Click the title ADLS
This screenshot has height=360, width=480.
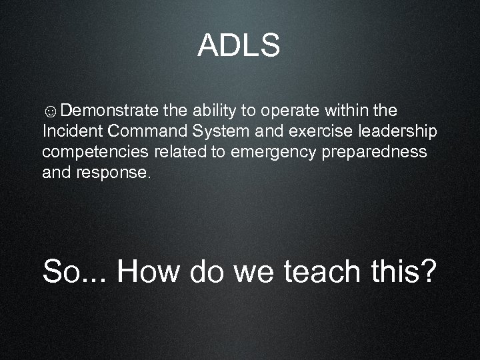(239, 46)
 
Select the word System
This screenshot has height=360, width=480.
(223, 131)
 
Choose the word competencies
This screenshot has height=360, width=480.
(95, 152)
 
